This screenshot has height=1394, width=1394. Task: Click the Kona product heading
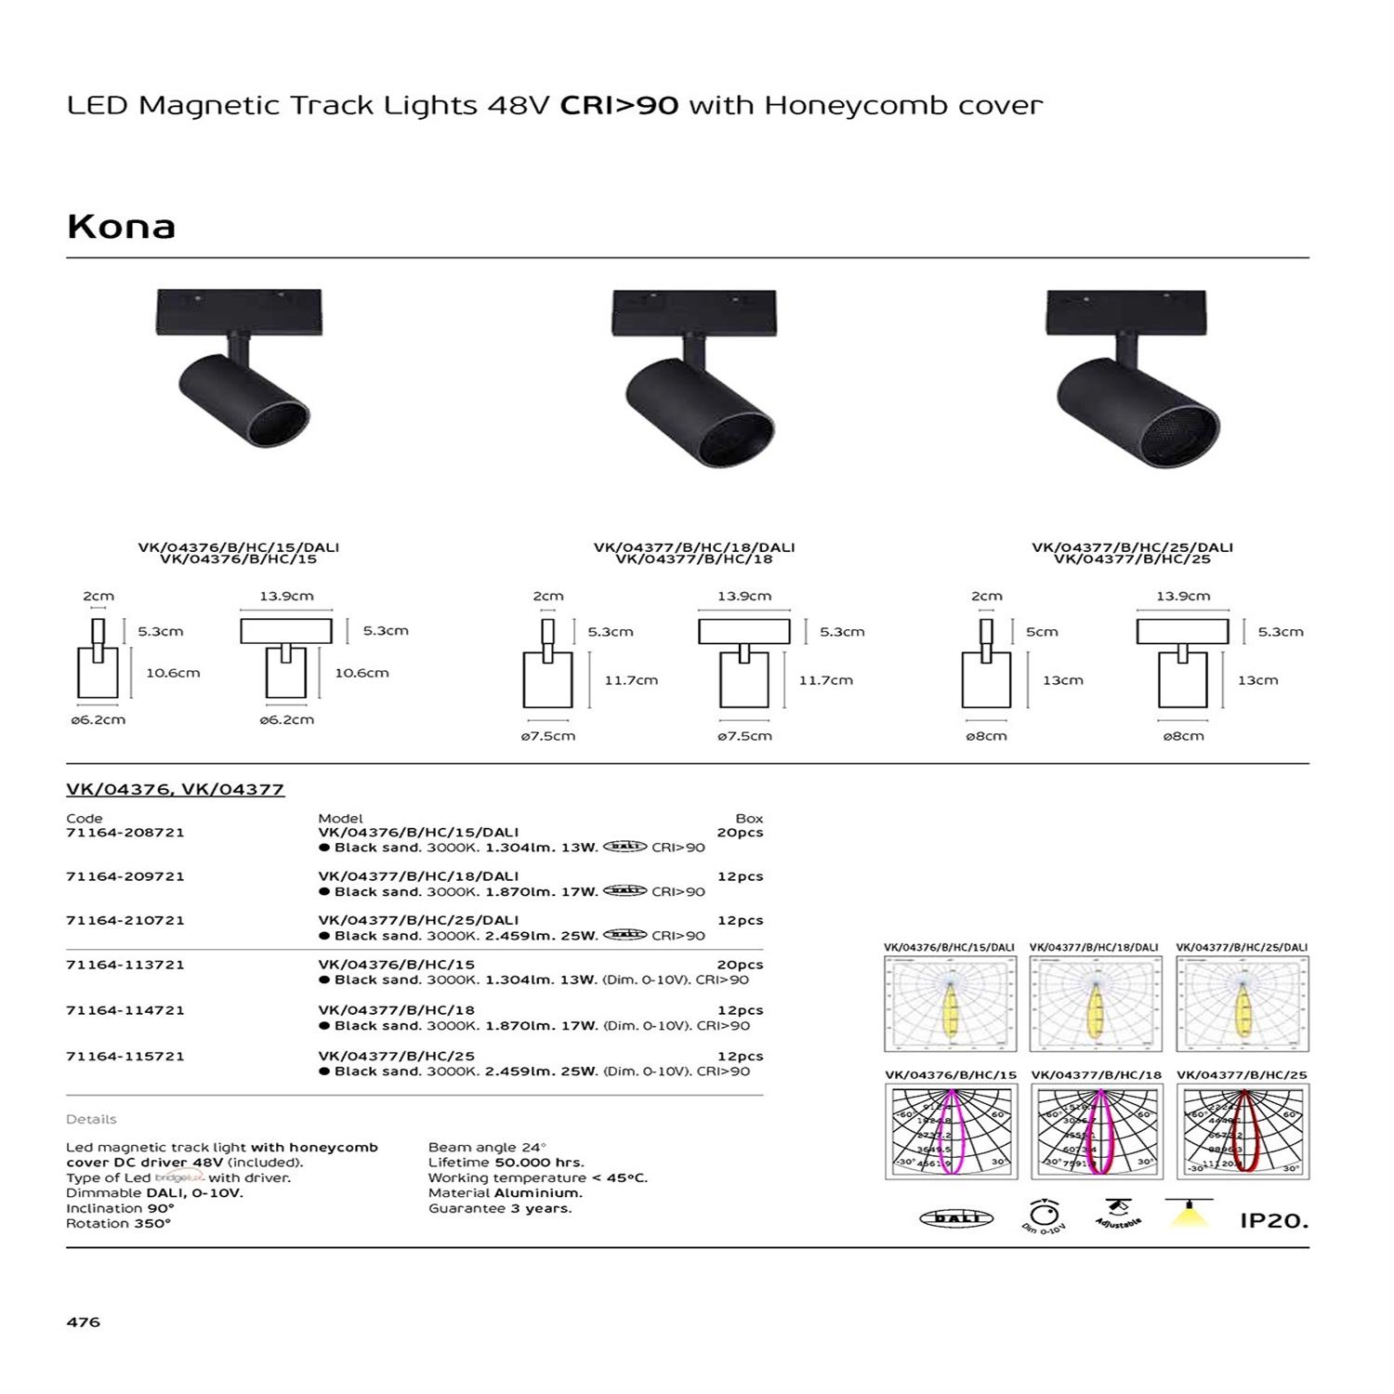[x=121, y=227]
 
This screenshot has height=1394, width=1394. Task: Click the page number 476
[x=83, y=1322]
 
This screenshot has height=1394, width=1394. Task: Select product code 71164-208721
[x=125, y=833]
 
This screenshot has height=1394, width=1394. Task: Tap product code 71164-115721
[x=125, y=1057]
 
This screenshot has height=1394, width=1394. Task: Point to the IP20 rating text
[x=1273, y=1221]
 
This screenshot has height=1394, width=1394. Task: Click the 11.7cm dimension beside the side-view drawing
[x=631, y=680]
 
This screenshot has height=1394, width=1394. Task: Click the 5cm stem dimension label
[x=1042, y=632]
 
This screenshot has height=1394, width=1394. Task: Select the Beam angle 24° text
[x=487, y=1148]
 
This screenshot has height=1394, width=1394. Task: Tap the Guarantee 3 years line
[x=500, y=1208]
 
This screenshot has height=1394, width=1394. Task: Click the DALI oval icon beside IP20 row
[x=956, y=1218]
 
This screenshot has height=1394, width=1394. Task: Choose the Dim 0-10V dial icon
[x=1045, y=1216]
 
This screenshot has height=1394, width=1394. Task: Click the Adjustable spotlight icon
[x=1119, y=1214]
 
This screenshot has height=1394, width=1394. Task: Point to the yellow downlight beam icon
[x=1190, y=1214]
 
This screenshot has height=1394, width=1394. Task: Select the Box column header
[x=749, y=819]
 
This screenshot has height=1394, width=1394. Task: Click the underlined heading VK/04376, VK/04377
[x=175, y=790]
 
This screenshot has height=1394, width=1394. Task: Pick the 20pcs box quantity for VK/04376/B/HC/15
[x=740, y=965]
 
